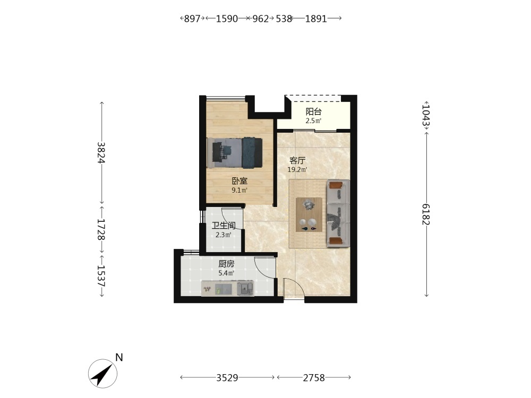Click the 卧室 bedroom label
pyautogui.click(x=239, y=181)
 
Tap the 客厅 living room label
pyautogui.click(x=297, y=160)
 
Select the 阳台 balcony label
pyautogui.click(x=313, y=111)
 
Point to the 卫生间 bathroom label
pyautogui.click(x=223, y=226)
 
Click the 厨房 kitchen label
pyautogui.click(x=226, y=264)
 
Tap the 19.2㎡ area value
pyautogui.click(x=297, y=170)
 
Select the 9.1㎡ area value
pyautogui.click(x=239, y=190)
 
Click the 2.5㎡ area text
pyautogui.click(x=313, y=121)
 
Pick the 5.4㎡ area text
pyautogui.click(x=226, y=273)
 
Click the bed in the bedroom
pyautogui.click(x=235, y=153)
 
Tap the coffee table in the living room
pyautogui.click(x=309, y=214)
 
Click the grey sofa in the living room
pyautogui.click(x=338, y=213)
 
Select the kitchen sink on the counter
pyautogui.click(x=245, y=289)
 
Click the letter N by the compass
pyautogui.click(x=119, y=357)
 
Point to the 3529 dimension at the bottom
pyautogui.click(x=227, y=378)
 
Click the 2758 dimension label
pyautogui.click(x=314, y=378)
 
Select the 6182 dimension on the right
pyautogui.click(x=426, y=214)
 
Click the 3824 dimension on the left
pyautogui.click(x=101, y=153)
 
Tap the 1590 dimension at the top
pyautogui.click(x=227, y=19)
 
